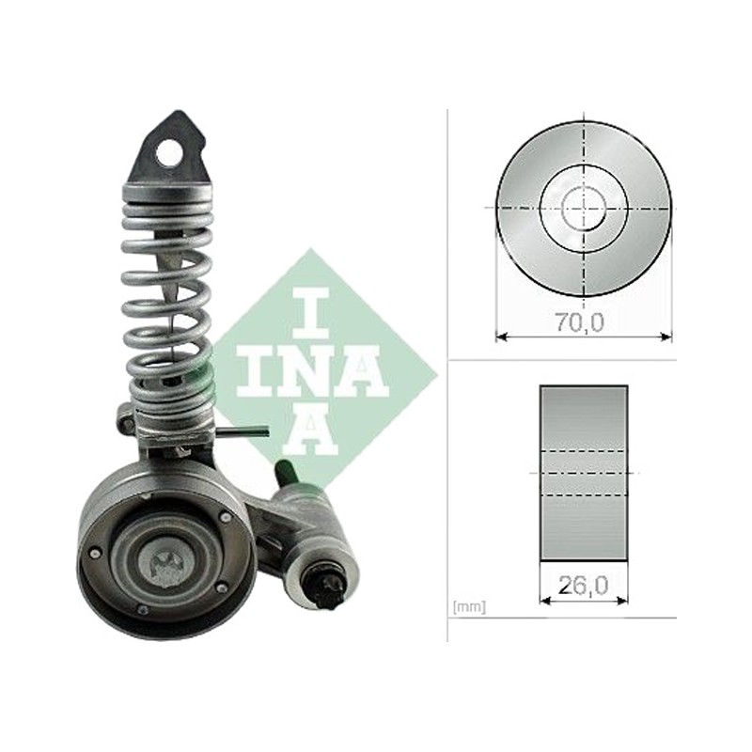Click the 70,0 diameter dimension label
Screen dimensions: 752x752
click(x=580, y=322)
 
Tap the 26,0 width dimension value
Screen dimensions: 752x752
click(x=583, y=585)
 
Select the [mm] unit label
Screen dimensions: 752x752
click(x=469, y=607)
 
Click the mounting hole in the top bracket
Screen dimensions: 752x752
click(x=168, y=152)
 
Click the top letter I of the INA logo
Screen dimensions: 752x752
click(x=310, y=313)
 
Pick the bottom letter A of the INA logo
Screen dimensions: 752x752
click(x=310, y=429)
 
